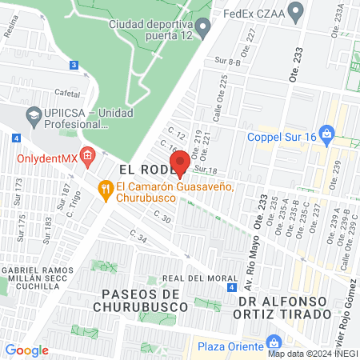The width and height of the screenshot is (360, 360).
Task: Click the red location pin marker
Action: click(181, 162)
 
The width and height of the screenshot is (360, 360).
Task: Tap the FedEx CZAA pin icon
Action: click(297, 12)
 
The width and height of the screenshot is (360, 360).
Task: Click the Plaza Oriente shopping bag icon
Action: click(274, 342)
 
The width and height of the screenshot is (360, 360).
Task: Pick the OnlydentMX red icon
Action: click(88, 154)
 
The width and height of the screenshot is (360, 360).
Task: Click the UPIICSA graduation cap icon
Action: click(33, 114)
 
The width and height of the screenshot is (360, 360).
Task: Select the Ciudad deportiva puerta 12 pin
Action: click(203, 29)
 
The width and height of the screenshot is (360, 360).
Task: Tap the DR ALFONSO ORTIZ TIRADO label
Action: click(294, 306)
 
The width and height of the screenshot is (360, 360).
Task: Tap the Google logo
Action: click(26, 350)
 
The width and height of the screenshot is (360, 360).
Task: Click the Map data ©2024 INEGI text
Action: click(311, 354)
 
